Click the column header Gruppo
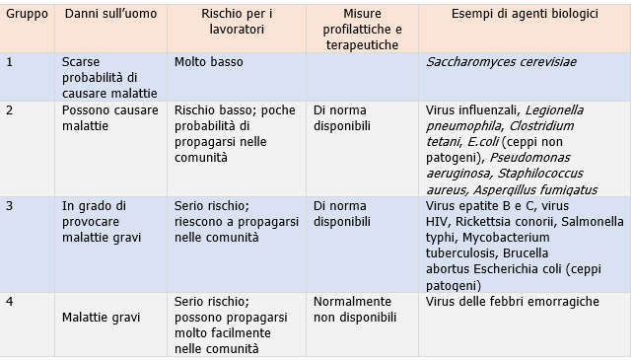26,18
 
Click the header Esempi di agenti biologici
523,18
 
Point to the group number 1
10,61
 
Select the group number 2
10,109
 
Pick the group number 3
10,206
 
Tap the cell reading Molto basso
208,61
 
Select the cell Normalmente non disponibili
354,309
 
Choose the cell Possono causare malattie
107,117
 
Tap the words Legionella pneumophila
513,117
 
